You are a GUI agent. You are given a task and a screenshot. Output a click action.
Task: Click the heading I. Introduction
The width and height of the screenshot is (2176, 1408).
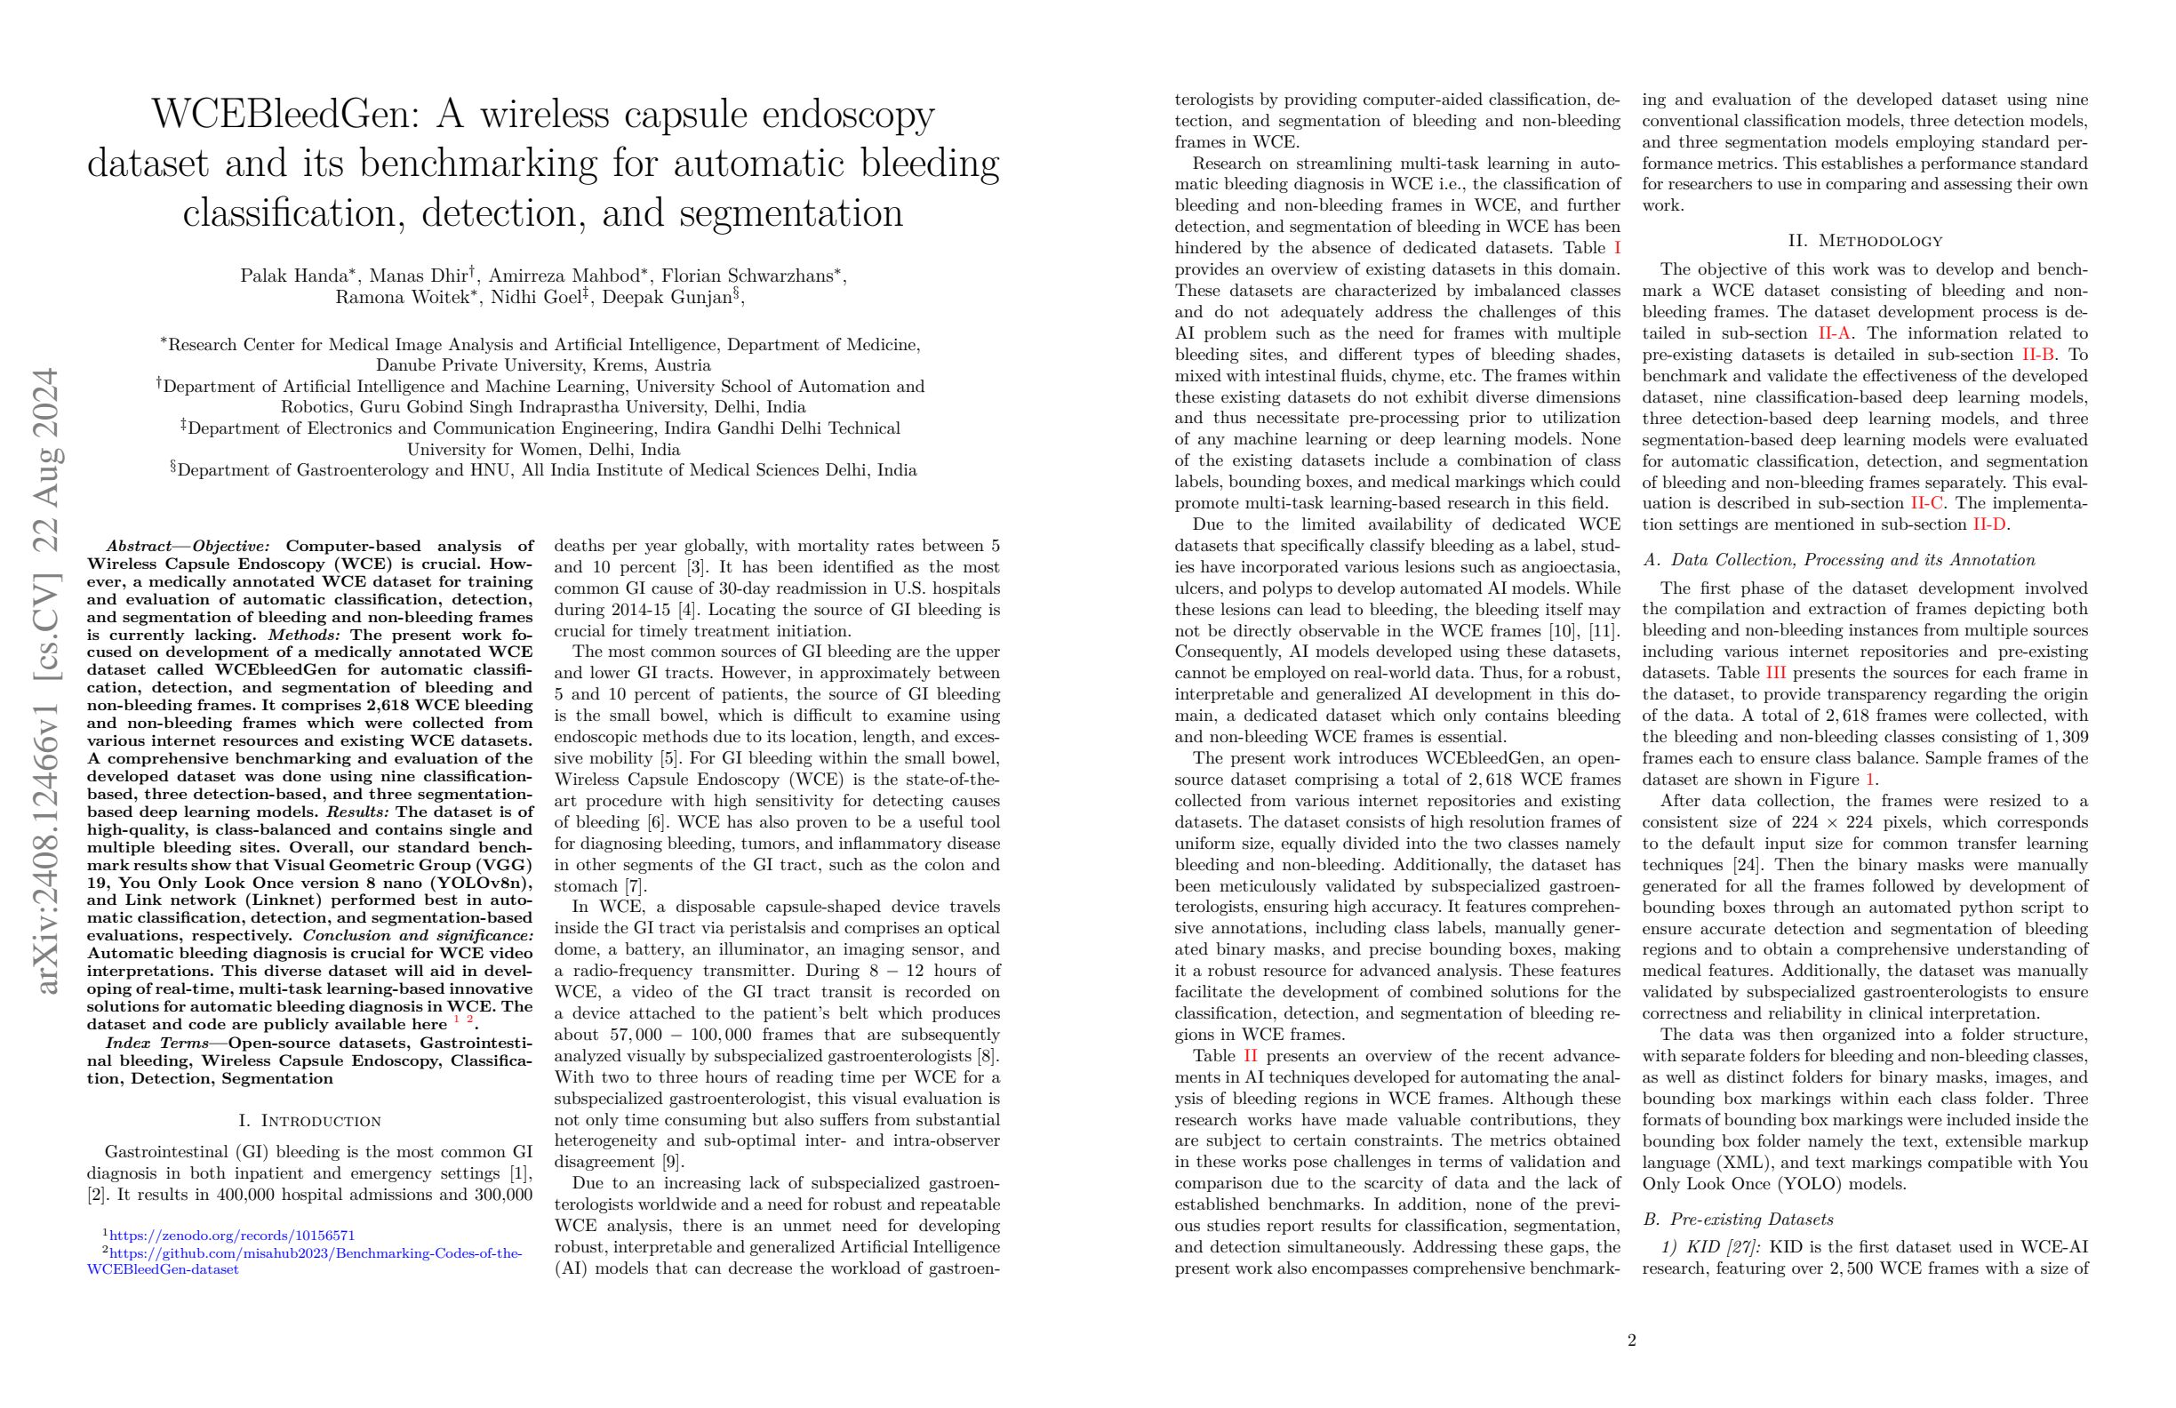point(309,1121)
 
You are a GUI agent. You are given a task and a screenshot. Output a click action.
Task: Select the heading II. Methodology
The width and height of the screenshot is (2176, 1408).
point(1865,242)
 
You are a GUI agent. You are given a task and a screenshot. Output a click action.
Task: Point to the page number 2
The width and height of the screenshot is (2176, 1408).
point(1632,1341)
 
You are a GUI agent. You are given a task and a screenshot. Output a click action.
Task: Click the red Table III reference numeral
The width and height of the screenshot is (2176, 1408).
point(1774,674)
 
